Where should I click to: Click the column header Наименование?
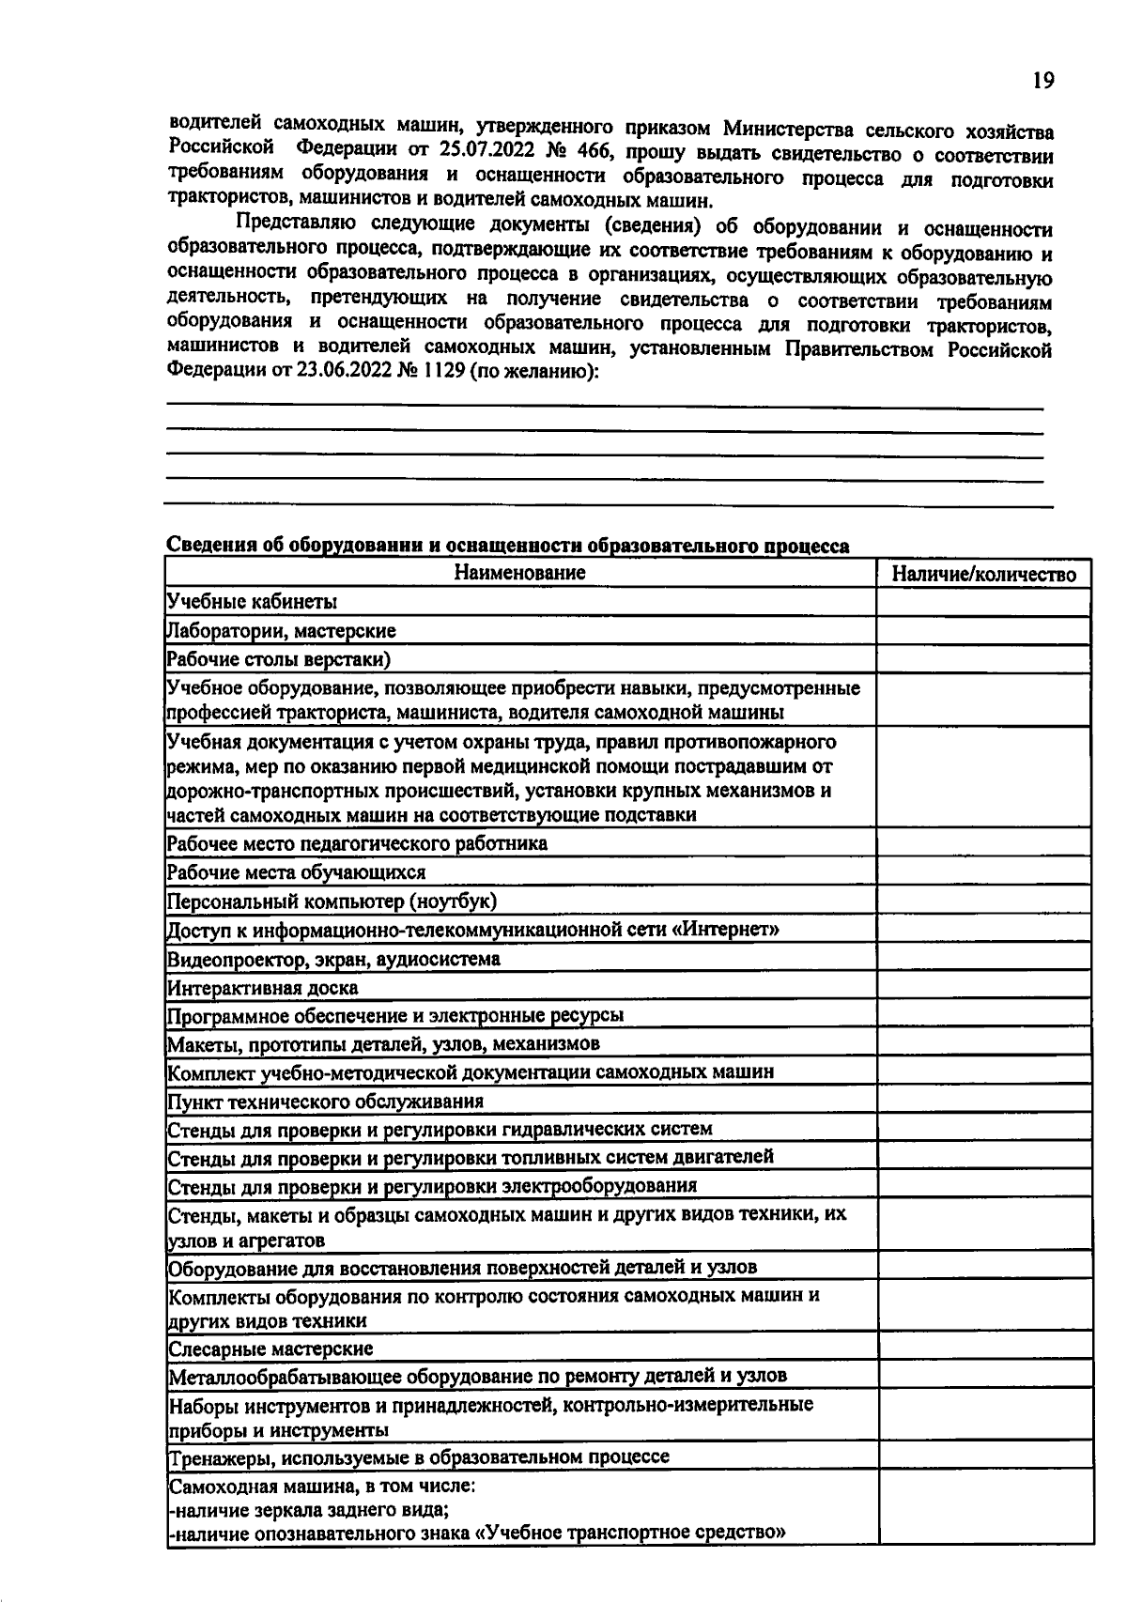(x=519, y=573)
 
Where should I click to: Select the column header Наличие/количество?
(x=983, y=575)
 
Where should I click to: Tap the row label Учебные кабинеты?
(x=252, y=602)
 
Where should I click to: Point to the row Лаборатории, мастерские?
(x=281, y=631)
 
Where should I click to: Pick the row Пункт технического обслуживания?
(x=326, y=1101)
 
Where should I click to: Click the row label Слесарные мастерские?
(x=270, y=1349)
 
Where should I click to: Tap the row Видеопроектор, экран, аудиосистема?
(x=333, y=959)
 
